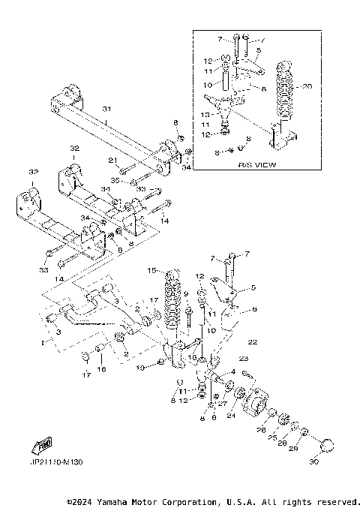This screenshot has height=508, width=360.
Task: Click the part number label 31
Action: click(105, 110)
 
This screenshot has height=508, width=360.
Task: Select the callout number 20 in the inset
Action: click(306, 86)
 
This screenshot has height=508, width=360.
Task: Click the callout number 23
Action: click(244, 359)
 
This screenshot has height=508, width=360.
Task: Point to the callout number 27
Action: click(222, 403)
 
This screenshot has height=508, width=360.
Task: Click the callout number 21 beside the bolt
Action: click(112, 160)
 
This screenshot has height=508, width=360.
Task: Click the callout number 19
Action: click(139, 368)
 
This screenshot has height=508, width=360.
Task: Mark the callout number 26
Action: click(261, 429)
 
